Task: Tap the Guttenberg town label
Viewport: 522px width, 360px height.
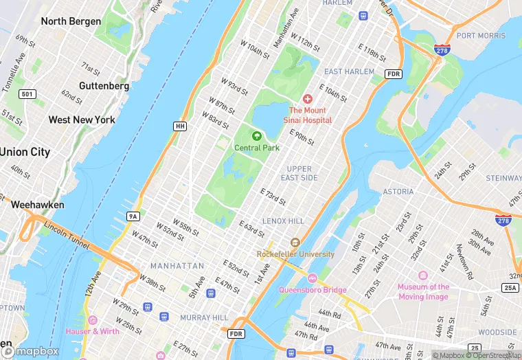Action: (104, 86)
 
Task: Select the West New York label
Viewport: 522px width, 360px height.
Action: (82, 120)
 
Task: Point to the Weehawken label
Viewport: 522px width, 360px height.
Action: (37, 205)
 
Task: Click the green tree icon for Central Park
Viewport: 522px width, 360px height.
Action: (257, 137)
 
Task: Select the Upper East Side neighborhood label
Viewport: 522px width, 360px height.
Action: (299, 173)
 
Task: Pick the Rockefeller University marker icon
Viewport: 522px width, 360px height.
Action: (295, 243)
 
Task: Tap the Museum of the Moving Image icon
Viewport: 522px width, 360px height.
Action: (423, 275)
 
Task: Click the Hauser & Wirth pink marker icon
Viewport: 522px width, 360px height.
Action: (92, 320)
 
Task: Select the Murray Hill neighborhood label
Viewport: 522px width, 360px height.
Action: (203, 317)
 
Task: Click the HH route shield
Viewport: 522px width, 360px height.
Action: (180, 126)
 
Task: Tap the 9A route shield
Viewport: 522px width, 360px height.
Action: (133, 216)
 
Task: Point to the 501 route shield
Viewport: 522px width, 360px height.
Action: (27, 93)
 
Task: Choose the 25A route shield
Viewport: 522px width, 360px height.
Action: (510, 287)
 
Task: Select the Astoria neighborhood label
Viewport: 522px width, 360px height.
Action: (398, 192)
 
